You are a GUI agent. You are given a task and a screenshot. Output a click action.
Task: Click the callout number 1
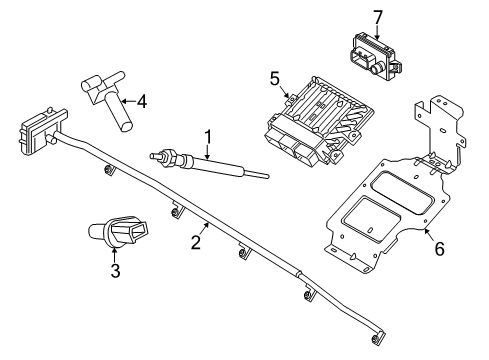(x=208, y=137)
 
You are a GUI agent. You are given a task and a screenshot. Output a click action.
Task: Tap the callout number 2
(x=196, y=242)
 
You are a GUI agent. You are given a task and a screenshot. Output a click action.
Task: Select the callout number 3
(x=115, y=271)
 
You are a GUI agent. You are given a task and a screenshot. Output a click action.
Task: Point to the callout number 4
(x=142, y=101)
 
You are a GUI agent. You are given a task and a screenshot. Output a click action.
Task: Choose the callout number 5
(x=274, y=79)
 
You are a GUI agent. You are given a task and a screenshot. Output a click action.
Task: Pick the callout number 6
(x=440, y=249)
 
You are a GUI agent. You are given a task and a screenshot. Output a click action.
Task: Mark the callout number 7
(x=377, y=17)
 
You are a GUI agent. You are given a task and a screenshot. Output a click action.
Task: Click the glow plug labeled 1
(x=209, y=164)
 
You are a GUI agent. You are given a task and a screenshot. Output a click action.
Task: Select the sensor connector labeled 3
(x=118, y=231)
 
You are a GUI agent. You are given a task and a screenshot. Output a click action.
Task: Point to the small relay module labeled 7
(x=375, y=57)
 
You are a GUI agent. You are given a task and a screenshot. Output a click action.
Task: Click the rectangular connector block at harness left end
(x=42, y=131)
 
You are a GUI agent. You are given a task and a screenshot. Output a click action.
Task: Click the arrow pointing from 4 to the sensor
(x=128, y=101)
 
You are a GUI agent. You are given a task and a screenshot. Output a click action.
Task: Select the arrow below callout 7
(x=377, y=33)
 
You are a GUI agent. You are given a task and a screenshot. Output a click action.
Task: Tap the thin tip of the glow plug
(x=256, y=174)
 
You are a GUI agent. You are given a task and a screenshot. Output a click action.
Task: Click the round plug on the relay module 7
(x=376, y=69)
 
